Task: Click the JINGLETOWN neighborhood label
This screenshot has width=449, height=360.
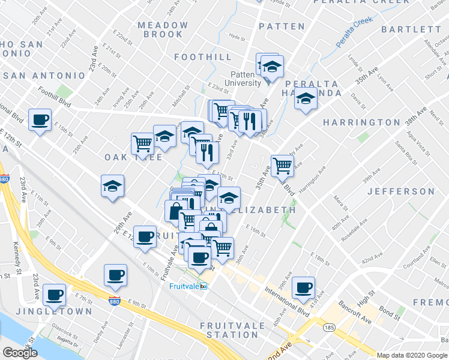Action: (x=54, y=312)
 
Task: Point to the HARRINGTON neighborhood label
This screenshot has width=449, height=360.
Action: (x=361, y=122)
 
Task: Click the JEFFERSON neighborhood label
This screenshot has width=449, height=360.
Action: (x=400, y=191)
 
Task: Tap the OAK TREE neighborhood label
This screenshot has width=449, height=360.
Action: (x=125, y=157)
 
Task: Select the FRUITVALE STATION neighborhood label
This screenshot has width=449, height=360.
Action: (x=229, y=330)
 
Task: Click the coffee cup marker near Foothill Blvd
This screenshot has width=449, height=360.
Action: (x=40, y=120)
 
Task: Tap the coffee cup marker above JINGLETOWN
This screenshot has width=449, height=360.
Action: (x=55, y=295)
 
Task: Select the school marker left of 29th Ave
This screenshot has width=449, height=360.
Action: (x=112, y=186)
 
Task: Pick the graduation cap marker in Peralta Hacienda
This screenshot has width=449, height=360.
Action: (x=306, y=99)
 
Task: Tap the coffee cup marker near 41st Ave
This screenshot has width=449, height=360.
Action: (x=304, y=288)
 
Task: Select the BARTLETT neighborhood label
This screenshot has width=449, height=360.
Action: (x=411, y=29)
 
